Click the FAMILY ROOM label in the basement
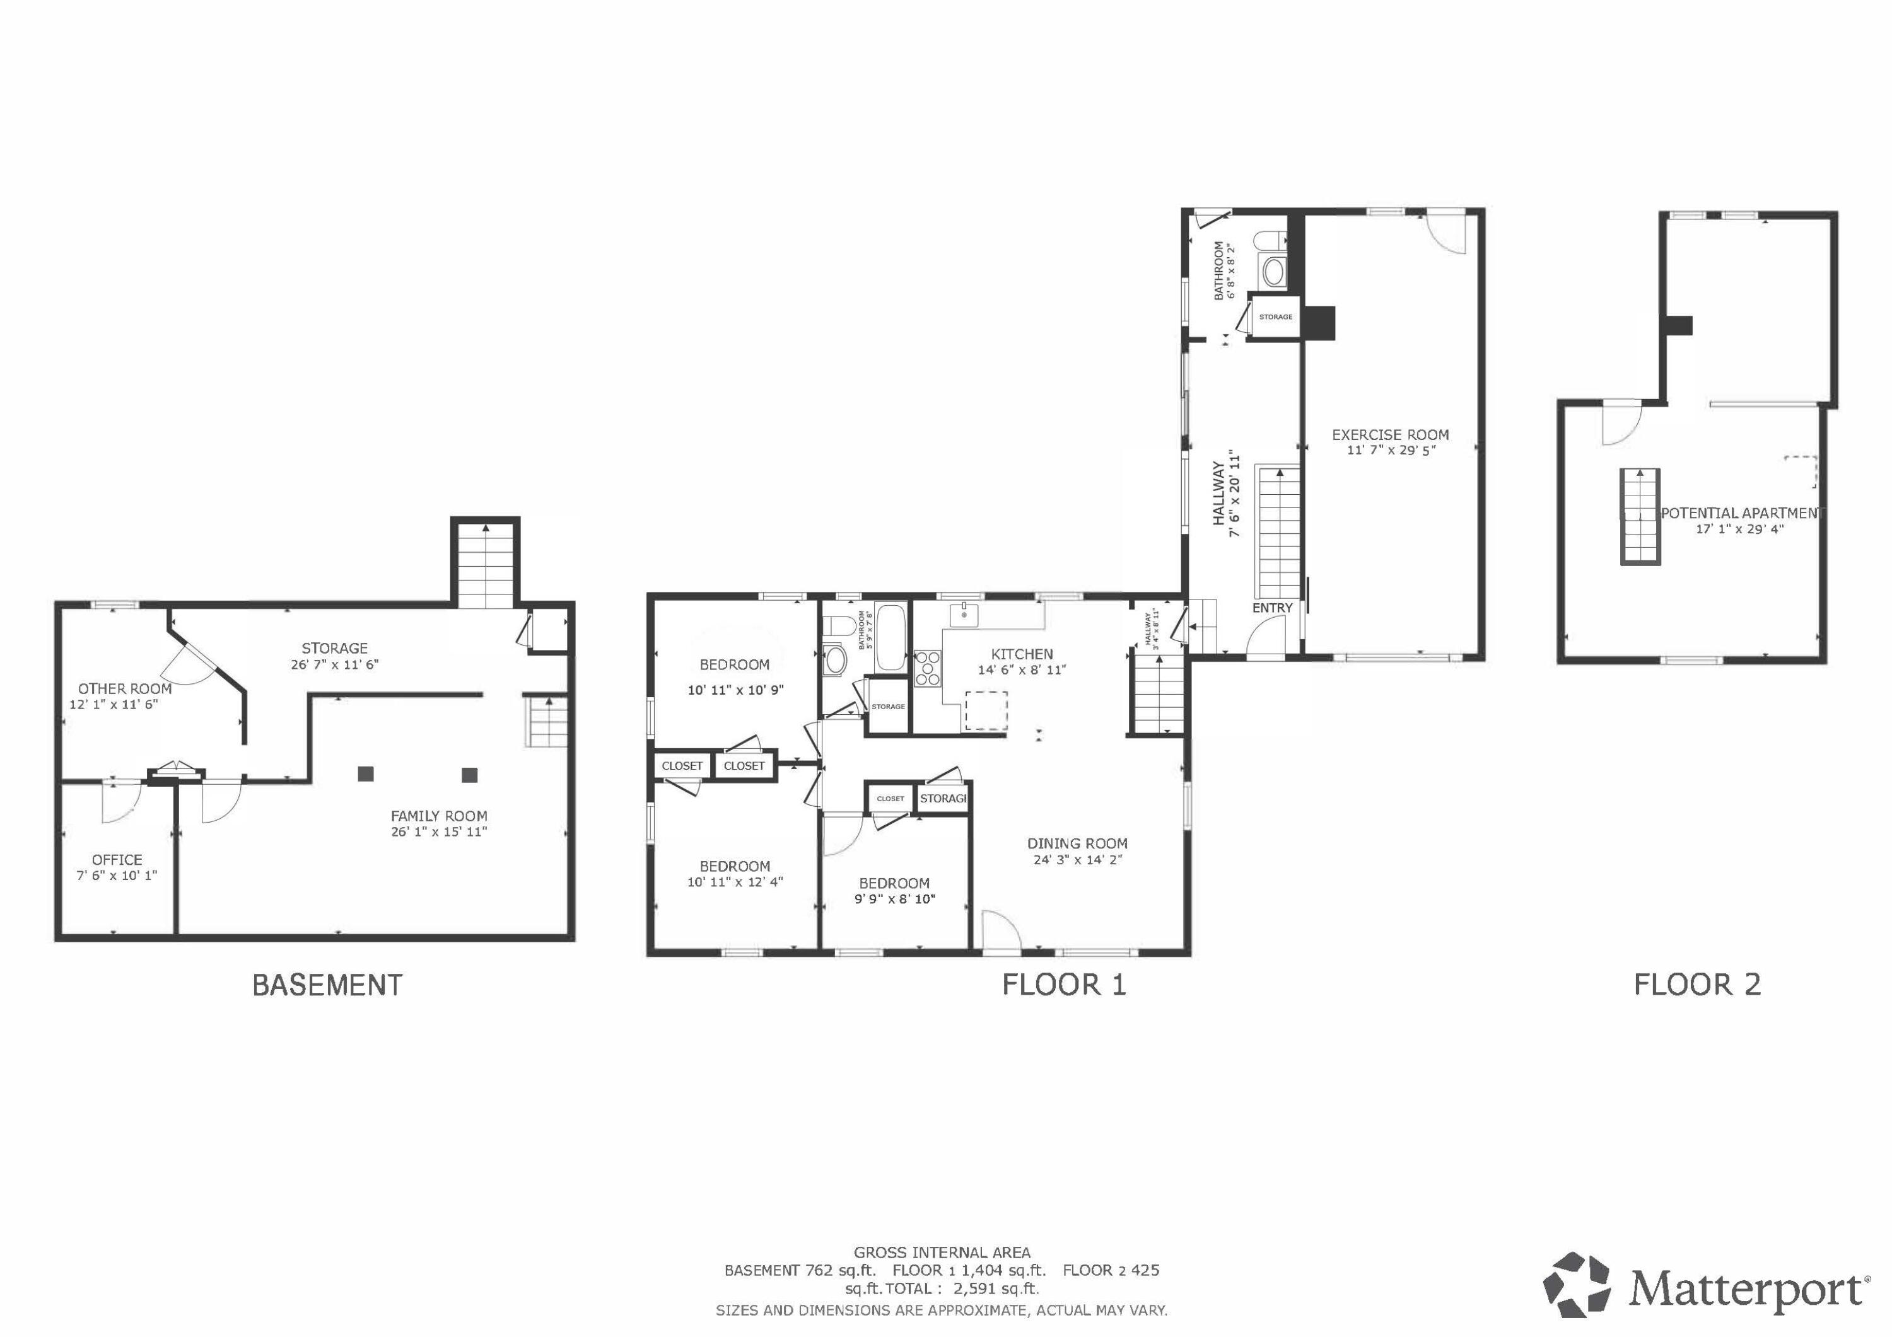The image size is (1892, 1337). (x=438, y=816)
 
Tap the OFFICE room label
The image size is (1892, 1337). (x=117, y=859)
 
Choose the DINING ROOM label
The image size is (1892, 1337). (x=1077, y=843)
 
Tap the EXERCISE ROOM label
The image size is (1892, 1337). (x=1390, y=434)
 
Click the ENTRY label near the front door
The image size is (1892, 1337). (x=1272, y=608)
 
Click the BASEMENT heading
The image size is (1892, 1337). (x=327, y=985)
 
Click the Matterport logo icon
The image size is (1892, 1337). (x=1577, y=1288)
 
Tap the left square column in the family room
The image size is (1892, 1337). (x=366, y=773)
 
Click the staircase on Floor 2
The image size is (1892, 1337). (x=1640, y=516)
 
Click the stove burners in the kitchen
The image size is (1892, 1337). (x=928, y=668)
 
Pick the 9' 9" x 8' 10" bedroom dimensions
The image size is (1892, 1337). (x=894, y=899)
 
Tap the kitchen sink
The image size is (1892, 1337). (x=962, y=615)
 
